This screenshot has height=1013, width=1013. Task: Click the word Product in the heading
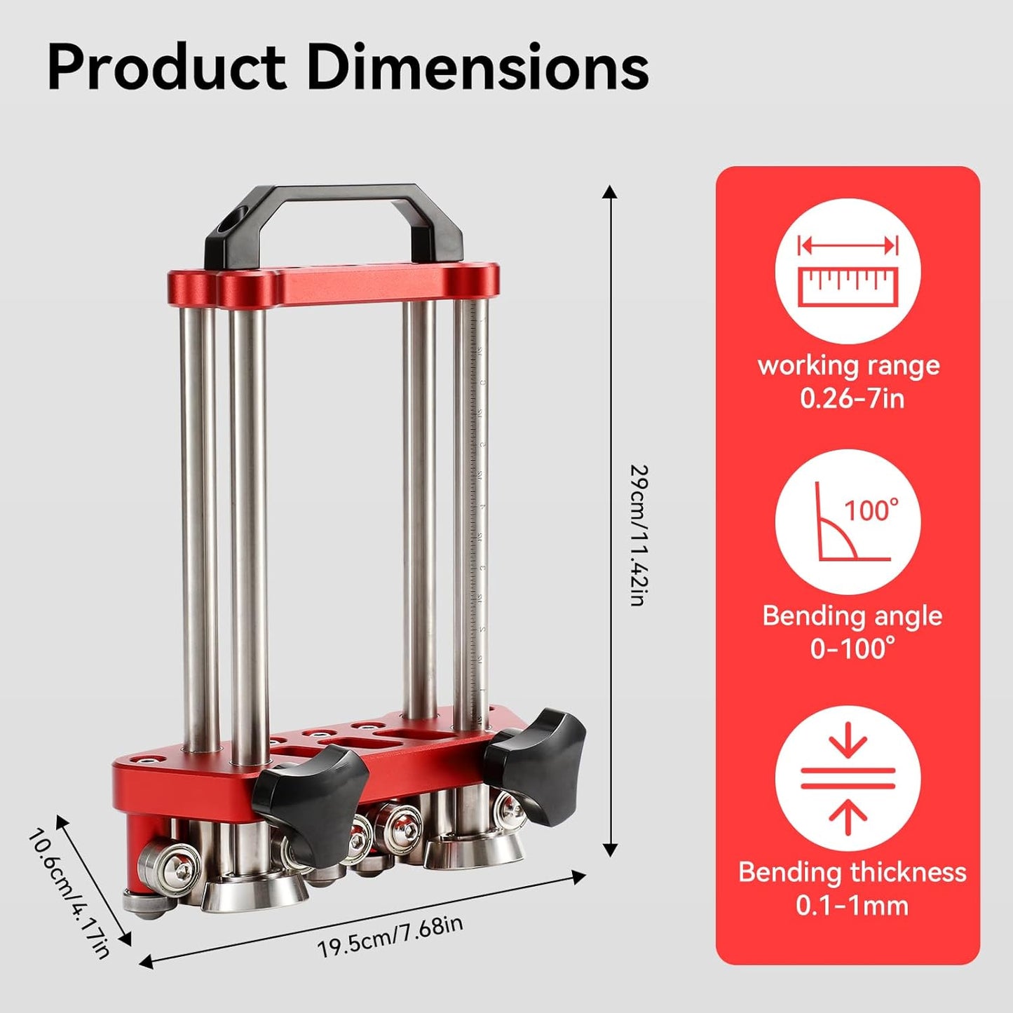coord(167,67)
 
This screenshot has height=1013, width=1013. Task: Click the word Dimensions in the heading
coord(477,67)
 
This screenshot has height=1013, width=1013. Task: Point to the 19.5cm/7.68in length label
coord(390,937)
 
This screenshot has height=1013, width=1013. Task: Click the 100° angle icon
coord(848,522)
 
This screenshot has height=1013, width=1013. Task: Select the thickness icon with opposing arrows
coord(848,778)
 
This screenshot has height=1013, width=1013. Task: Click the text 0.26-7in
coord(852,399)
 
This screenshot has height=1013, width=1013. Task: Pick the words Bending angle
coord(852,616)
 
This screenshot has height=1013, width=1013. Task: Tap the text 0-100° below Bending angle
coord(852,649)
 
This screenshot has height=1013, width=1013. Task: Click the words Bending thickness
coord(852,872)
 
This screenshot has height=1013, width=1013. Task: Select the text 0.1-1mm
coord(852,906)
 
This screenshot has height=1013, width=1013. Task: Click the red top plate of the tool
coord(334,286)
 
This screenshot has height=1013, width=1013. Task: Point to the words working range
coord(849,366)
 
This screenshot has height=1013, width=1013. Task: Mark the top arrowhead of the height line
coord(610,192)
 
